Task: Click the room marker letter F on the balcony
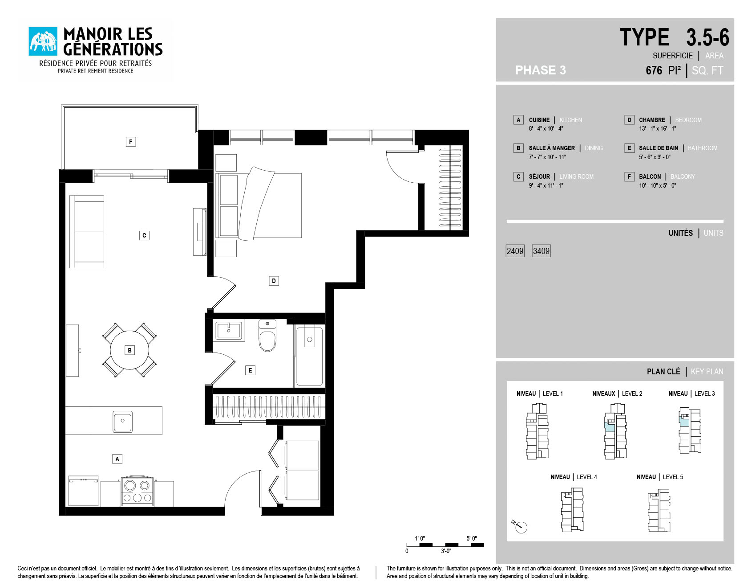(130, 142)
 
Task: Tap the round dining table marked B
(129, 350)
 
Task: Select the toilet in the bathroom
(267, 336)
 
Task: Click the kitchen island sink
(122, 421)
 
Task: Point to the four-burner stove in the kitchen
(137, 492)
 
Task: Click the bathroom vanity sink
(229, 331)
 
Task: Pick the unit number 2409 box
(515, 251)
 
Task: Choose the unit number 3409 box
(541, 251)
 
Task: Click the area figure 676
(654, 70)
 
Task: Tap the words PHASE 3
(541, 70)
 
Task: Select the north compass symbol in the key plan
(519, 526)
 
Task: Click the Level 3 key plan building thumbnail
(689, 430)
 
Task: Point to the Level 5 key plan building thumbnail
(659, 511)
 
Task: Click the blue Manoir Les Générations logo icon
(43, 41)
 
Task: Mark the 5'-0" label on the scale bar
(471, 538)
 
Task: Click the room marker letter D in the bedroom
(274, 281)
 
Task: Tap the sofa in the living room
(87, 232)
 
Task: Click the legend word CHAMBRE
(652, 120)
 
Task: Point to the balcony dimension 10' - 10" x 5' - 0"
(658, 185)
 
